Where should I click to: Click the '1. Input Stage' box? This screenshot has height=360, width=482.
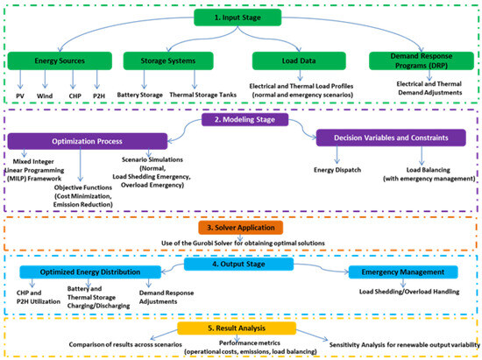point(242,18)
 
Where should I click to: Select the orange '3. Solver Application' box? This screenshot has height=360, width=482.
point(242,227)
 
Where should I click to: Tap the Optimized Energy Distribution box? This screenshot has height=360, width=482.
point(88,272)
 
